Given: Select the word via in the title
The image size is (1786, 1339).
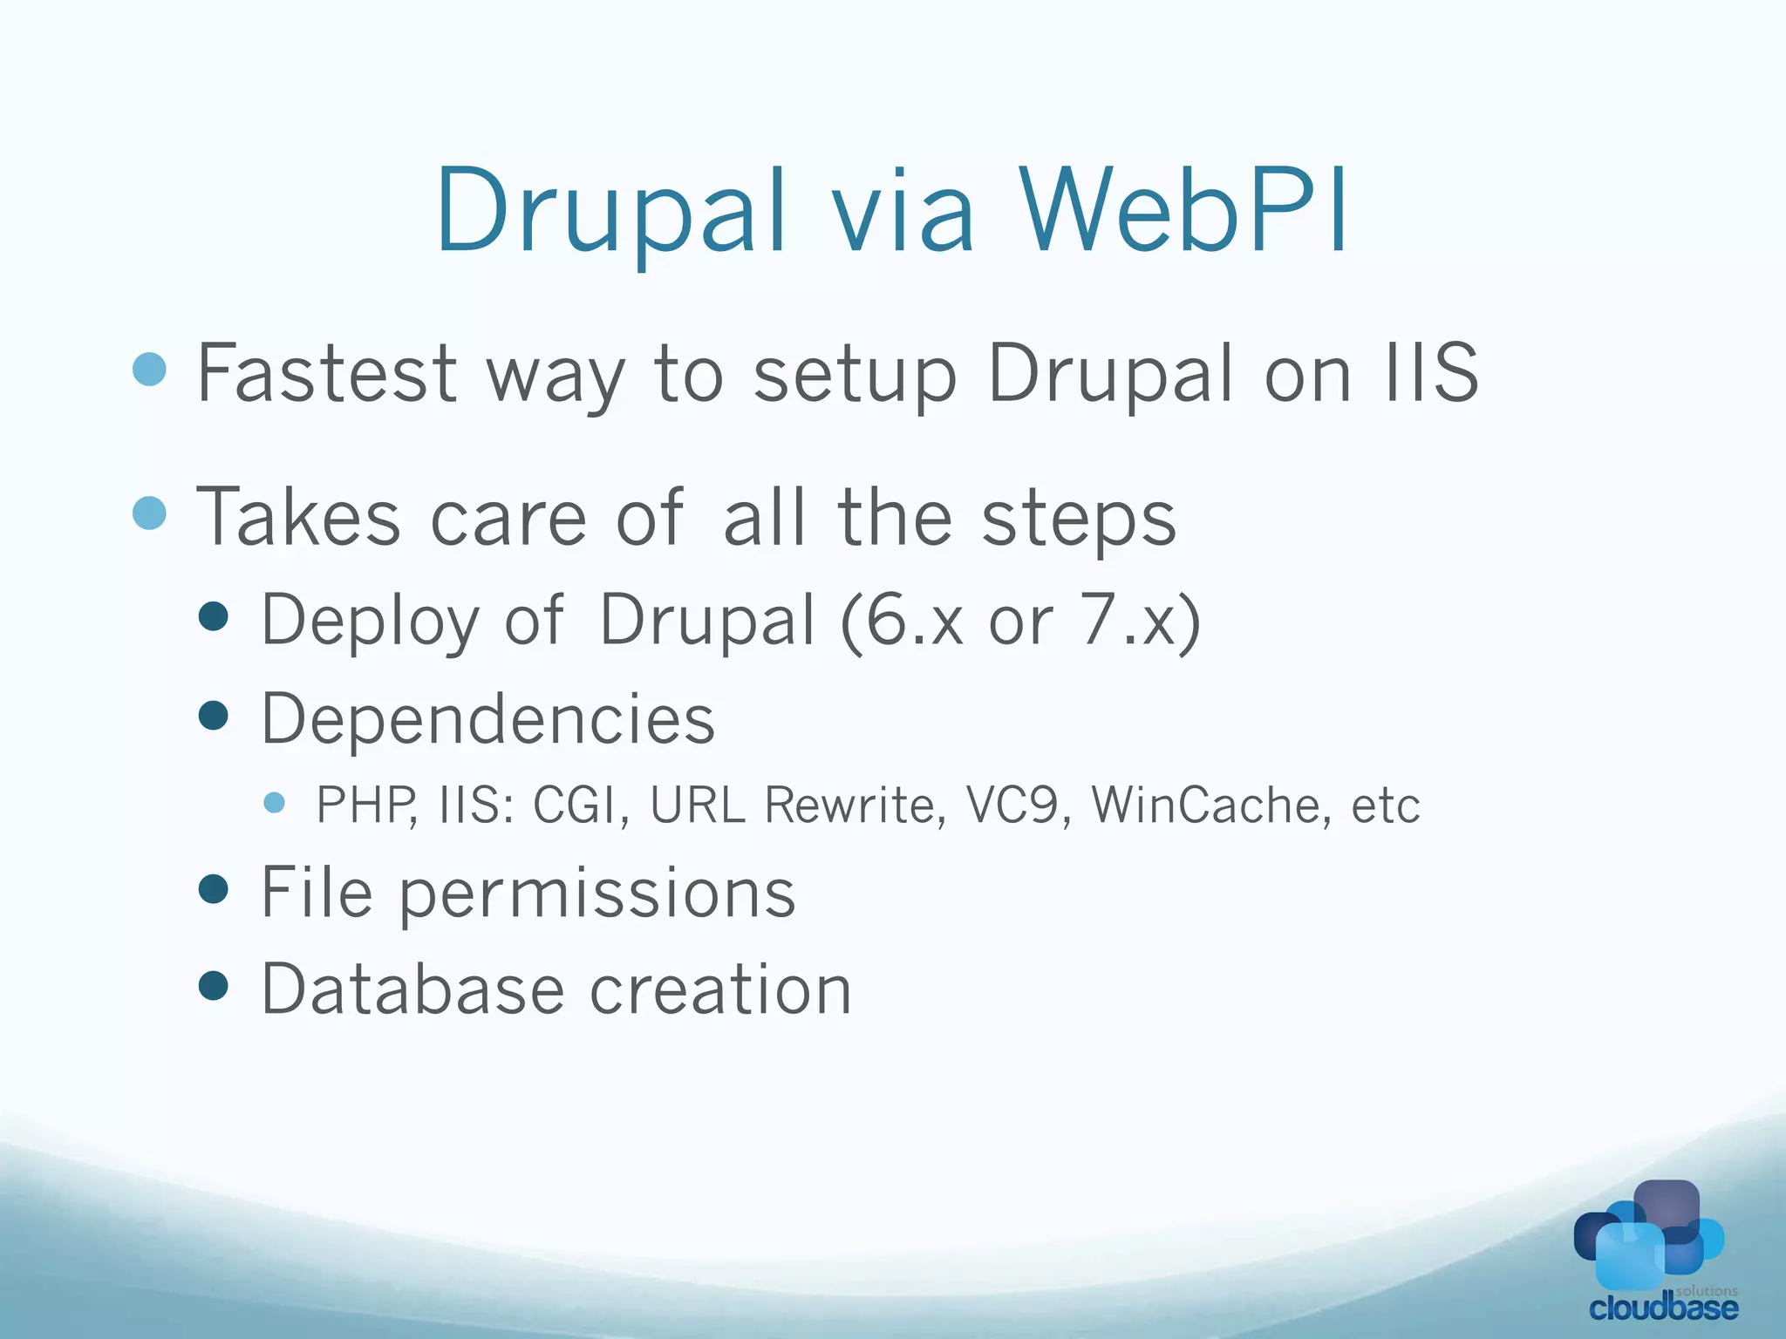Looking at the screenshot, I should click(x=903, y=211).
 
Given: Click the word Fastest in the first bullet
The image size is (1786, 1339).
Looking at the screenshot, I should click(x=327, y=373).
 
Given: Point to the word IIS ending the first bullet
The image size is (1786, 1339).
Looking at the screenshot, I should click(x=1431, y=373).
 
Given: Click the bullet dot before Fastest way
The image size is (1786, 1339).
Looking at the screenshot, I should click(x=149, y=369).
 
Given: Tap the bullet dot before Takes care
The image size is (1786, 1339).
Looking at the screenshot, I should click(x=149, y=513).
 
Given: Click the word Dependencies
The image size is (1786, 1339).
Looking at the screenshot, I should click(x=488, y=719).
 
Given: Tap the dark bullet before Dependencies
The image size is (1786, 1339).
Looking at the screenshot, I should click(x=214, y=717).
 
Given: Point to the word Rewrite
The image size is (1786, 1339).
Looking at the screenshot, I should click(x=855, y=805).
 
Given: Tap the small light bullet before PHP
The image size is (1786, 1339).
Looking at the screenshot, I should click(x=275, y=802).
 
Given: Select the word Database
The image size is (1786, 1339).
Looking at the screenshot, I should click(x=413, y=990).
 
